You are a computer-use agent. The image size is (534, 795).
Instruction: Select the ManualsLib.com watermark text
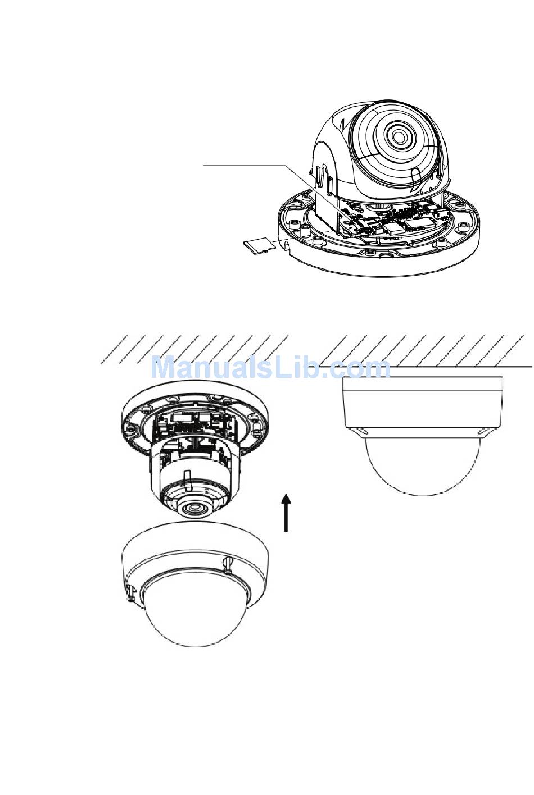271,368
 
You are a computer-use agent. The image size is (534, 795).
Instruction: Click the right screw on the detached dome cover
228,564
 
